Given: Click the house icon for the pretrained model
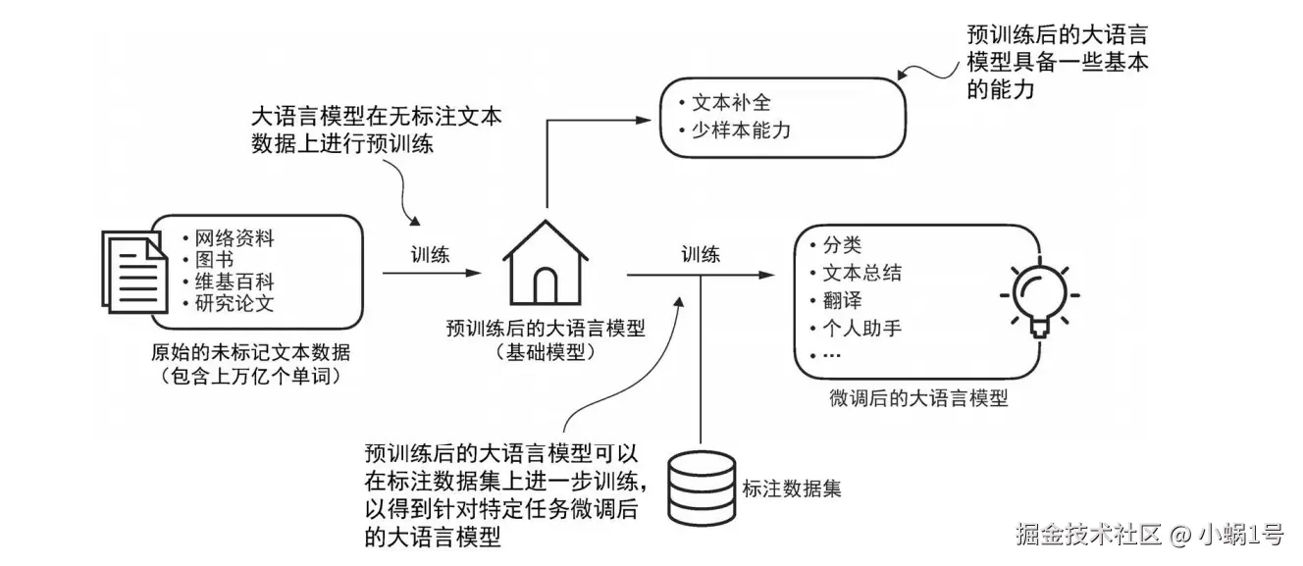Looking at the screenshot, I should click(546, 264).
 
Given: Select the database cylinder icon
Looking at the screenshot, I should click(701, 488).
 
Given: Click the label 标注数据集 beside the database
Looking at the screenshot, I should click(792, 487).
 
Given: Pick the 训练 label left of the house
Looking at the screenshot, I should click(430, 255).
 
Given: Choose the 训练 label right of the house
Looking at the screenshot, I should click(701, 255).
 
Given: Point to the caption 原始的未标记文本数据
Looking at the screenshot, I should click(250, 353).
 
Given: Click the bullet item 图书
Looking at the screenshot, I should click(214, 260).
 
